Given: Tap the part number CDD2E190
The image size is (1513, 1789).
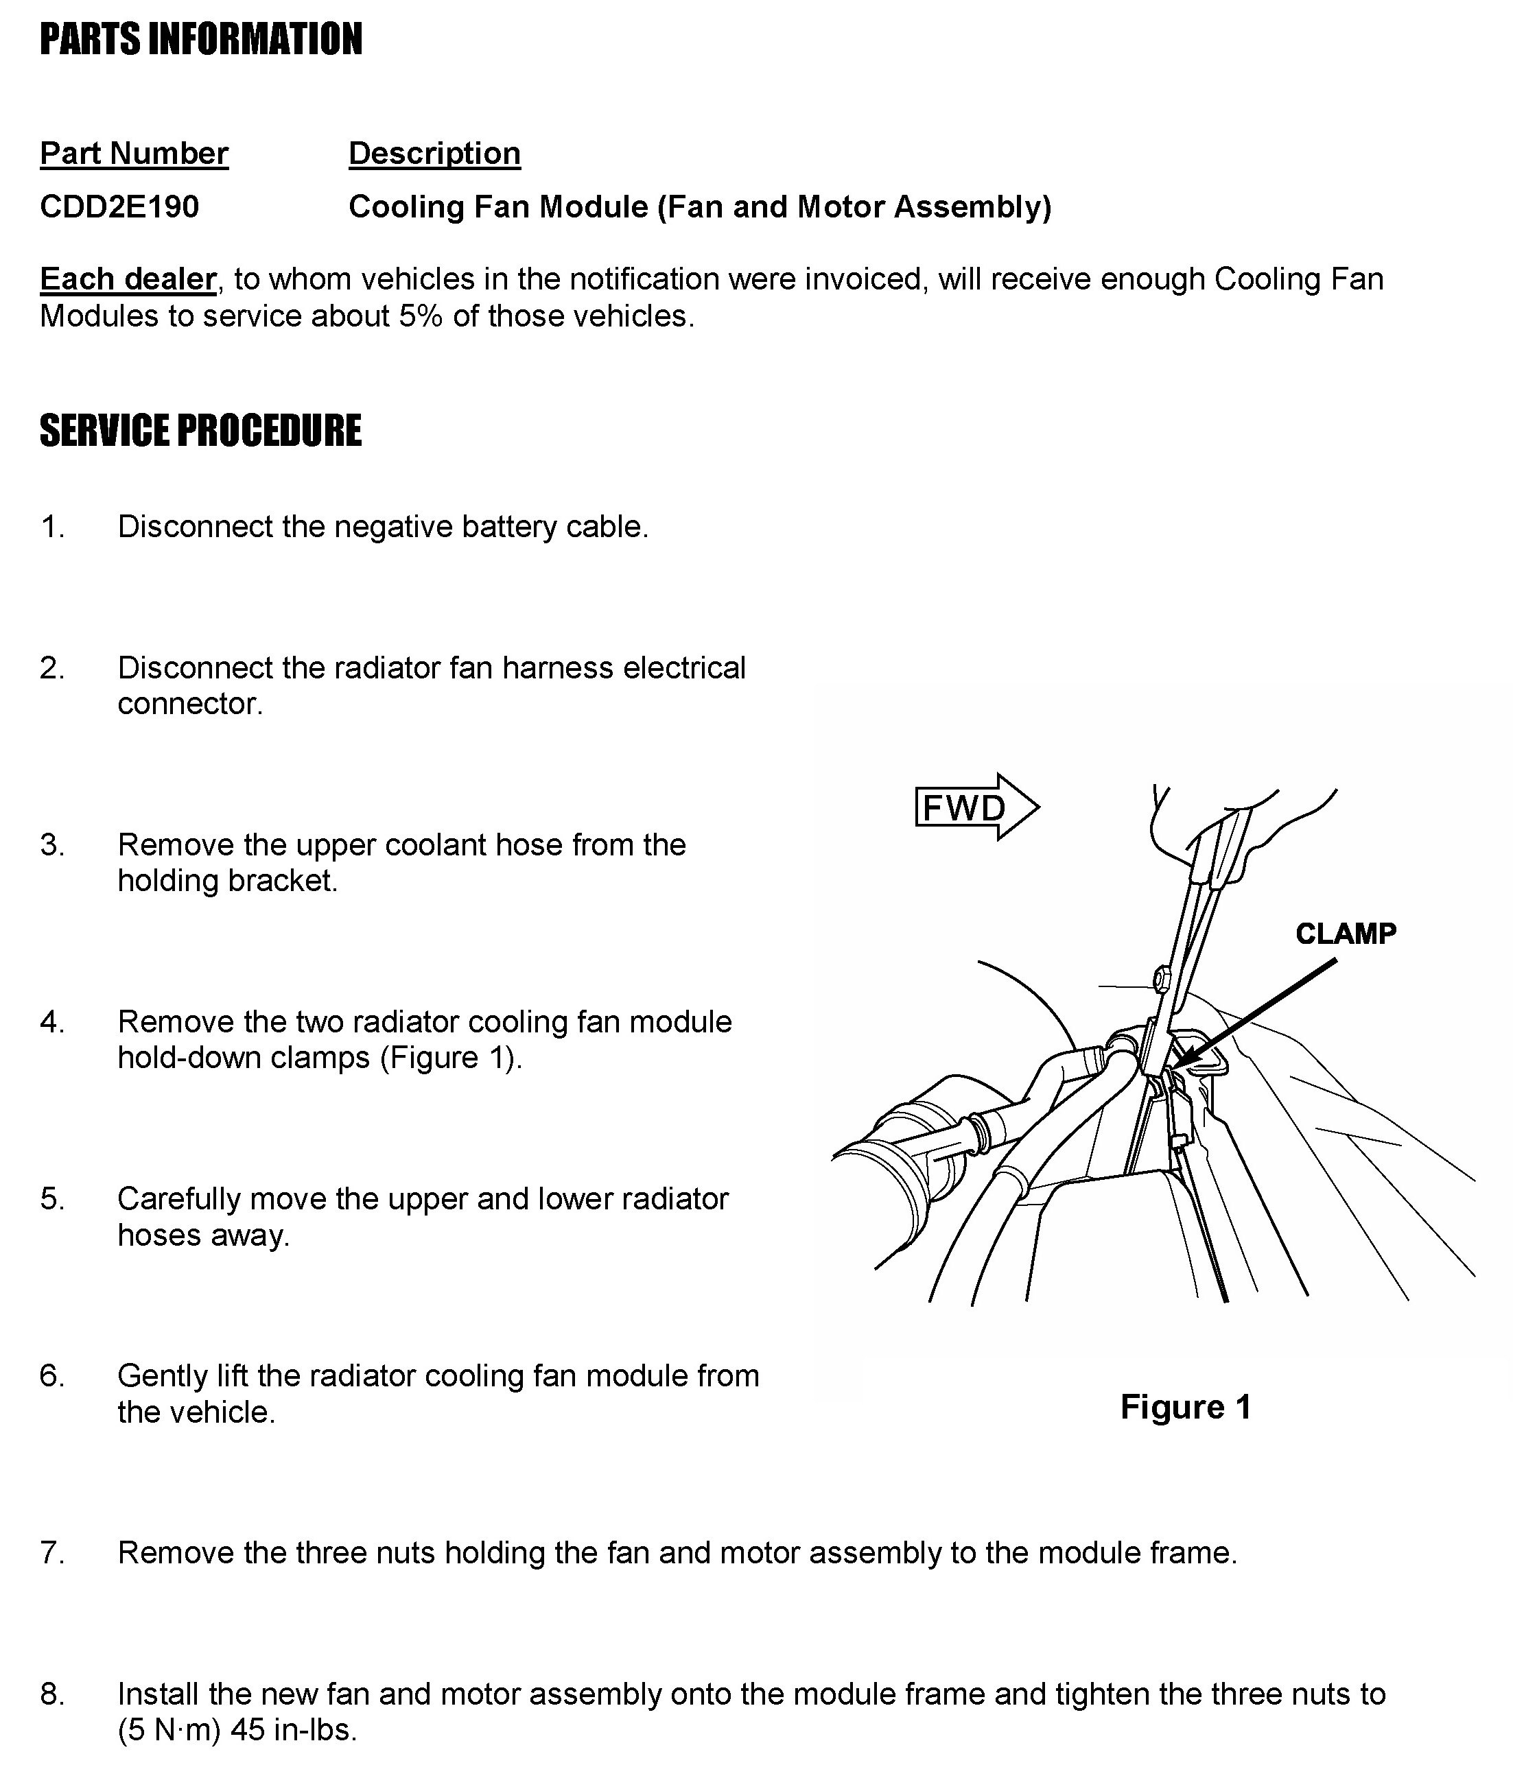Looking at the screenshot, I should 119,206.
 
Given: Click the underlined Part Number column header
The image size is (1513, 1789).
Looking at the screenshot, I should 134,154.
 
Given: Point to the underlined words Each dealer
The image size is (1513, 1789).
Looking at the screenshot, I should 128,280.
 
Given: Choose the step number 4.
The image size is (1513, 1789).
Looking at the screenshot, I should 52,1022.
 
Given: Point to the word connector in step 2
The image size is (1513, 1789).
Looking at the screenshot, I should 189,704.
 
